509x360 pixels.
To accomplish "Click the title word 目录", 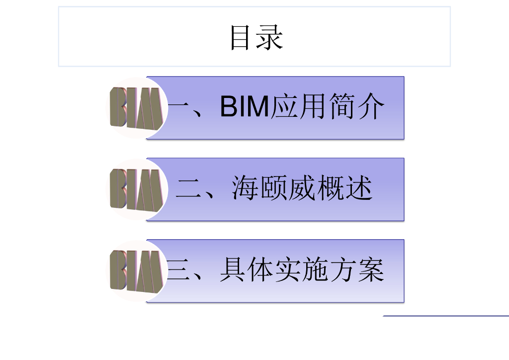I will pos(256,37).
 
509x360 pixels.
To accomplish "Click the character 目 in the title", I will pos(240,37).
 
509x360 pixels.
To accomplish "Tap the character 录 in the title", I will pos(270,37).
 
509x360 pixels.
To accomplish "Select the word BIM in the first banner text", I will pos(245,107).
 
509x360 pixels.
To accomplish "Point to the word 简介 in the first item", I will pos(356,107).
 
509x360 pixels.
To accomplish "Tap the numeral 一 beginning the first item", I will pos(179,107).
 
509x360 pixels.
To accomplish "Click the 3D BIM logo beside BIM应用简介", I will pos(136,108).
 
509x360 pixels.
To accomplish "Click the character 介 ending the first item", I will pos(370,107).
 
